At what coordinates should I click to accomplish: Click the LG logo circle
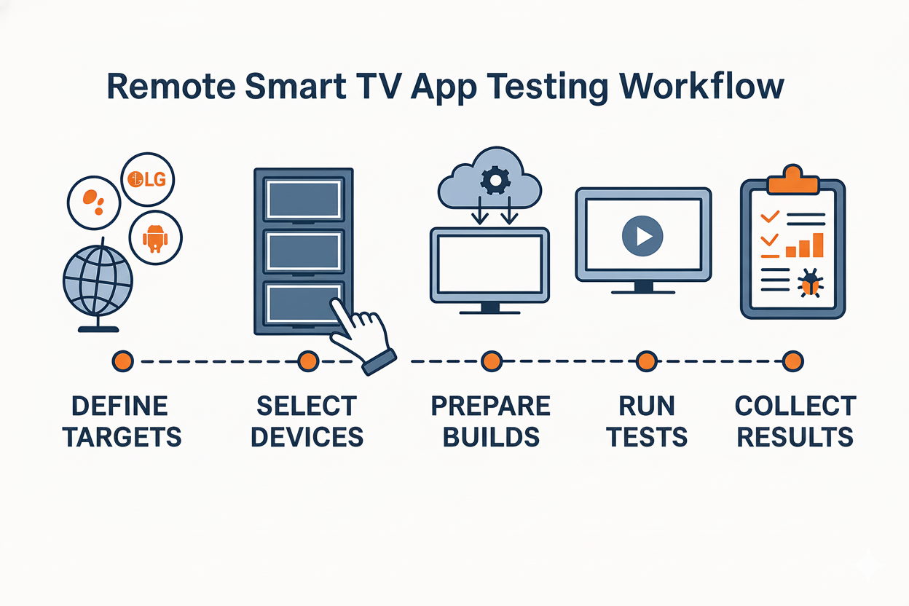tap(148, 179)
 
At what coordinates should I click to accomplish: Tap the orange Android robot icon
tap(155, 239)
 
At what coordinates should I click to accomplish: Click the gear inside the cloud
tap(495, 180)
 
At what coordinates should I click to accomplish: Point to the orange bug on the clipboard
tap(811, 283)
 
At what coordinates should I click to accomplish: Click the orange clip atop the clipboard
tap(792, 179)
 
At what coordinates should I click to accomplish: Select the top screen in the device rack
tap(304, 200)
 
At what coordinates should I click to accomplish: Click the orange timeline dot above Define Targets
tap(123, 361)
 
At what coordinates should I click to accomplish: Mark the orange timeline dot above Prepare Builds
tap(492, 361)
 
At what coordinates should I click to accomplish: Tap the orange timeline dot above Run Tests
tap(647, 361)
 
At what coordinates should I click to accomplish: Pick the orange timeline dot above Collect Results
tap(793, 361)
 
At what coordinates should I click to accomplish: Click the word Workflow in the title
tap(701, 87)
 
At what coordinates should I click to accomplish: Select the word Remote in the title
tap(171, 87)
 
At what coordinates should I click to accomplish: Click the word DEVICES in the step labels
tap(307, 437)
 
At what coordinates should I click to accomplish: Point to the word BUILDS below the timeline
tap(491, 437)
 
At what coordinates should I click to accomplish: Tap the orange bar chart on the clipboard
tap(804, 245)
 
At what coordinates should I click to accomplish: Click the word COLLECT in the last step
tap(796, 406)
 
